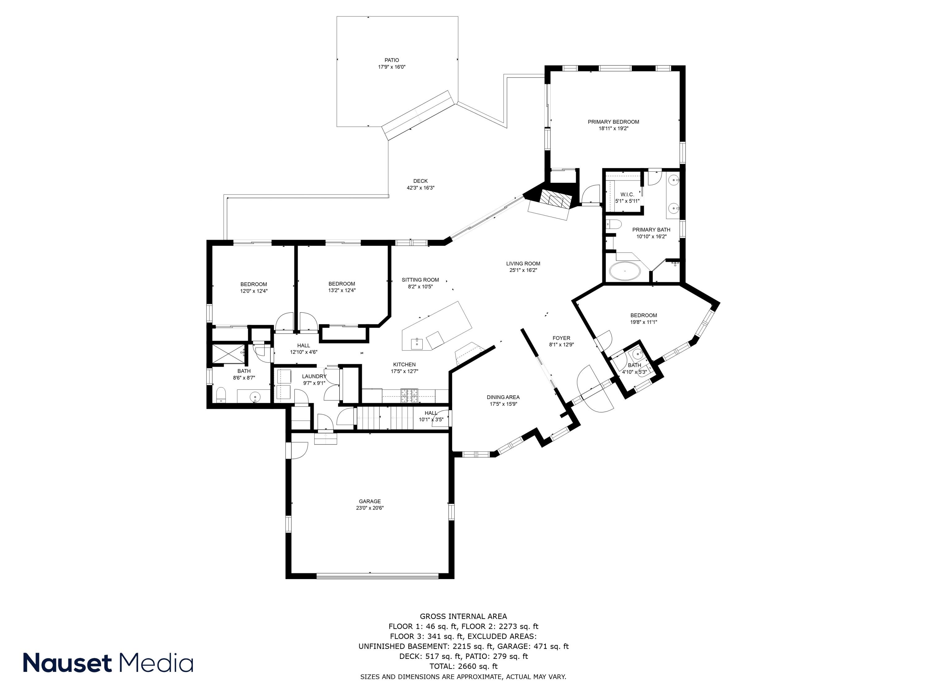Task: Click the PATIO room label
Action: pos(392,60)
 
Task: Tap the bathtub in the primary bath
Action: pos(624,271)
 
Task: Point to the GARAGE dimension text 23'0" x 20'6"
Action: pos(370,508)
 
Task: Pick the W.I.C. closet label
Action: pos(627,195)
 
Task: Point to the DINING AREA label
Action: pos(503,397)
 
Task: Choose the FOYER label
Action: pos(561,338)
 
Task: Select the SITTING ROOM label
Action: pos(420,280)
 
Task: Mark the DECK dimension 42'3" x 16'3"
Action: pos(420,188)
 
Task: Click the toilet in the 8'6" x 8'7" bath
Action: pos(221,395)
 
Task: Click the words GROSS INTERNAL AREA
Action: pos(463,616)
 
